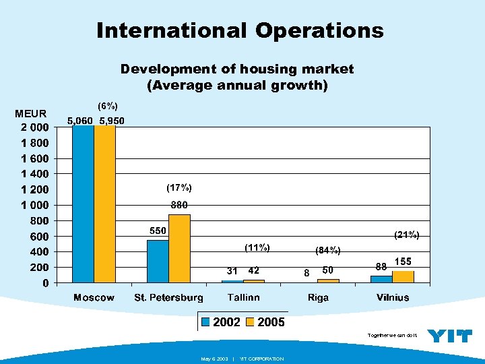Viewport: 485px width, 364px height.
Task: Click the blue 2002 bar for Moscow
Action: click(84, 204)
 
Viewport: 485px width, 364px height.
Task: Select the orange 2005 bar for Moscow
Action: click(105, 204)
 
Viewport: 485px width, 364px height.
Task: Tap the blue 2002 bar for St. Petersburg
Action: click(158, 261)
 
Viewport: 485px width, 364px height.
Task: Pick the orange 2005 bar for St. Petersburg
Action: click(179, 248)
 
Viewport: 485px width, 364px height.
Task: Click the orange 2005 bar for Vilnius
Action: click(403, 276)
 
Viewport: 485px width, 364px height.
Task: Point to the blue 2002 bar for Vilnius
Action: click(381, 279)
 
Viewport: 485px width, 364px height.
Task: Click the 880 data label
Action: click(179, 205)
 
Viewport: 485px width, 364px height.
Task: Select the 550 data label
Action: click(158, 231)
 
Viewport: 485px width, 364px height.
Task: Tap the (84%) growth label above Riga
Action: click(328, 251)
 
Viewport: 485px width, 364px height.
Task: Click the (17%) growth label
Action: click(179, 187)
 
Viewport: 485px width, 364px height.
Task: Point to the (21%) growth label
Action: click(406, 235)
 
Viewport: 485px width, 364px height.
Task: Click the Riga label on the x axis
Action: click(319, 297)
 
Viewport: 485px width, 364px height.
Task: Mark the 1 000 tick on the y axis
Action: click(33, 205)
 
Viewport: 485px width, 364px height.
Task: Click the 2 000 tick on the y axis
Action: click(33, 127)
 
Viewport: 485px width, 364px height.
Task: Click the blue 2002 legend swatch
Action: click(206, 322)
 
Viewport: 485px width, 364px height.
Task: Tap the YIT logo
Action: click(450, 335)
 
